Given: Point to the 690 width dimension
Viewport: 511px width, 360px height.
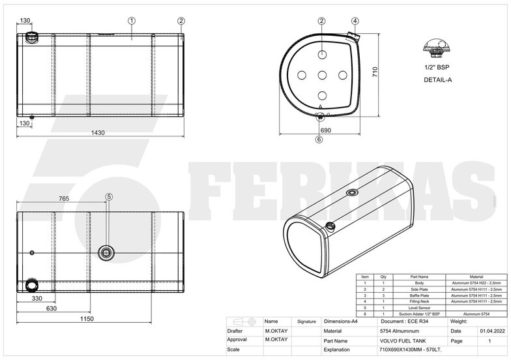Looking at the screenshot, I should pyautogui.click(x=326, y=130).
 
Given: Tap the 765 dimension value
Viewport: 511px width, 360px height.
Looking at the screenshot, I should pyautogui.click(x=65, y=198).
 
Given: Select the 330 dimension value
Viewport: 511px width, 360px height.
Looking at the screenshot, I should pyautogui.click(x=37, y=298).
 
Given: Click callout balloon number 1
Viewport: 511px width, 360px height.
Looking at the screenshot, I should pyautogui.click(x=132, y=21).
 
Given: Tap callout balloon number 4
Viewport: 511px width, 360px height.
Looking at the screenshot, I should pyautogui.click(x=355, y=21).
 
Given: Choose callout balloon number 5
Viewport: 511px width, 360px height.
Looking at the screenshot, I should pyautogui.click(x=109, y=196).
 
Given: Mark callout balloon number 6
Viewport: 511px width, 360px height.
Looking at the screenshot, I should pyautogui.click(x=319, y=139).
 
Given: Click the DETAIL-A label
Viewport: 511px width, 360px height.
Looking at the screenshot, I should pyautogui.click(x=438, y=80).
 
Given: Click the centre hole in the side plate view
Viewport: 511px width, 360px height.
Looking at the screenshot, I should pyautogui.click(x=322, y=76).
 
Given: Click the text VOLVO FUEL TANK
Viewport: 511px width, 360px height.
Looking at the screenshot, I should pyautogui.click(x=402, y=340).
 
